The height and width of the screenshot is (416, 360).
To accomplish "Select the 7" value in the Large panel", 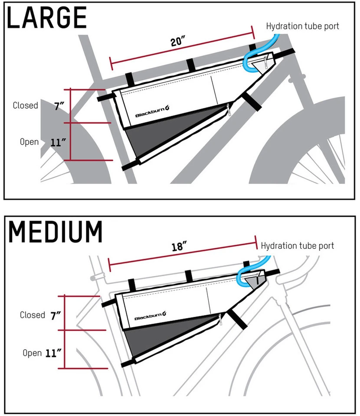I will click(59, 106).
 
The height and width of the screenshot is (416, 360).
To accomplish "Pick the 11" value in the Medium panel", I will click(55, 353).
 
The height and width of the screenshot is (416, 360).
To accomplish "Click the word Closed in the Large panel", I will click(25, 105).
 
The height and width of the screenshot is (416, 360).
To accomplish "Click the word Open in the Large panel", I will click(29, 142).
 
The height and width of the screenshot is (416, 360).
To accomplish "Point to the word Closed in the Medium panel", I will click(33, 315).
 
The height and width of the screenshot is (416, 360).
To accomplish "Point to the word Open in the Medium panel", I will click(32, 353).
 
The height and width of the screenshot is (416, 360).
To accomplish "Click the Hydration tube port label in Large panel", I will click(302, 26).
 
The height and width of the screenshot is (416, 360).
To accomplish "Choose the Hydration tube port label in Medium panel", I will click(297, 246).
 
